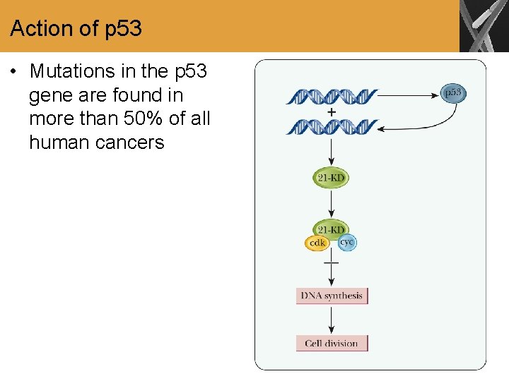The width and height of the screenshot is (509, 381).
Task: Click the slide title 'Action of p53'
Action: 76,29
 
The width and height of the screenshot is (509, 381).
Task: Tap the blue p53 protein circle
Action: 452,93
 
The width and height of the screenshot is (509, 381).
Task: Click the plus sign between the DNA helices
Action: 332,111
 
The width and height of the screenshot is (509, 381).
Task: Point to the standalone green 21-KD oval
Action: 331,178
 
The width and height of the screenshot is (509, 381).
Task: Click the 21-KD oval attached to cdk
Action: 331,229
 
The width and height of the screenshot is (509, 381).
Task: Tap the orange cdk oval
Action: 317,243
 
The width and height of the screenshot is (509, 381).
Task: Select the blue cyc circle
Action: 346,242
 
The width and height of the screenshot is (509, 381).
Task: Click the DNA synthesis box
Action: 332,296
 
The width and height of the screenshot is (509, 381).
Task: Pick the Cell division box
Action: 332,344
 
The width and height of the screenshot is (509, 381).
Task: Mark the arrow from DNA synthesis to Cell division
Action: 332,320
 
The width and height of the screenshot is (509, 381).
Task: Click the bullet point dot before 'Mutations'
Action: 13,71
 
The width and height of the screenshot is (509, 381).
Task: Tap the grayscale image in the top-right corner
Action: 484,26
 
